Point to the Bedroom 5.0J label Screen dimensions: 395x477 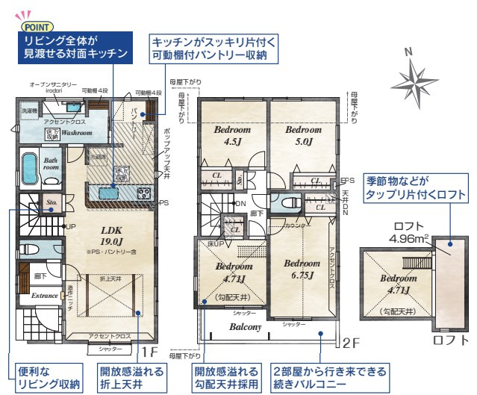[303, 134]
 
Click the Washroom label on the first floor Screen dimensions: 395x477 [76, 132]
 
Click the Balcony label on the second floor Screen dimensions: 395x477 [244, 327]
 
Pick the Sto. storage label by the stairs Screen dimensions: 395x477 [52, 202]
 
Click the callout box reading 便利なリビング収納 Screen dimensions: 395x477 [47, 377]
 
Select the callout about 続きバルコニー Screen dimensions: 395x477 [329, 377]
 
